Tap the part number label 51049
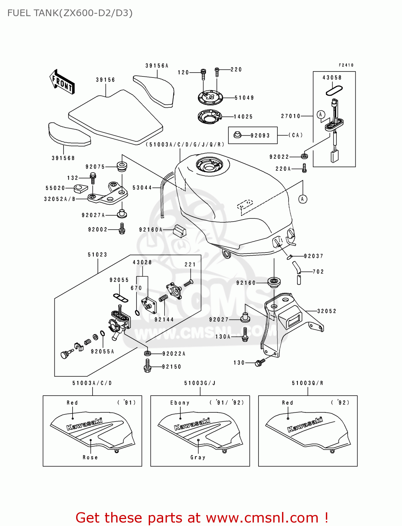point(244,98)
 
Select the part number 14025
point(243,117)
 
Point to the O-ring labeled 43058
point(334,91)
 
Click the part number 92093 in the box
point(260,135)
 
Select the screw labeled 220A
point(304,168)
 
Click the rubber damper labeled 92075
point(121,167)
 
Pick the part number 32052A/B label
point(60,199)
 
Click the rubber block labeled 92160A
point(180,230)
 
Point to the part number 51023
point(97,255)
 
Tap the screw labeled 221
point(189,283)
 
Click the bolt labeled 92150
point(147,366)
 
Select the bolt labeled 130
point(260,363)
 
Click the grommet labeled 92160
point(274,282)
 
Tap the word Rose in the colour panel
point(90,457)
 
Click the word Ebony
point(180,403)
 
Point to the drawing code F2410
point(346,65)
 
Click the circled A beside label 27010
point(321,115)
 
